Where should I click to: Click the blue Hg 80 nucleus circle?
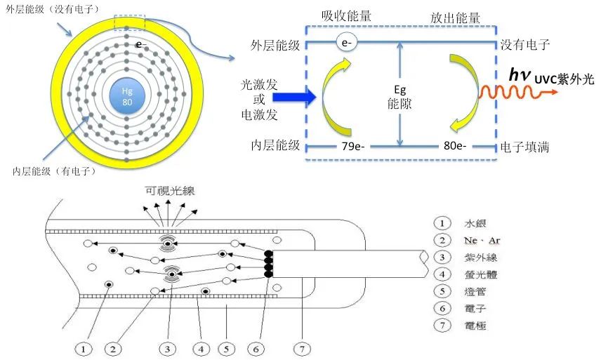click(x=127, y=96)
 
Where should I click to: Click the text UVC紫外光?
click(x=564, y=80)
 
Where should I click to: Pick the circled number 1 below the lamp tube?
click(x=84, y=347)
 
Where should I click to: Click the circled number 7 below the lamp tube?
click(x=303, y=347)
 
